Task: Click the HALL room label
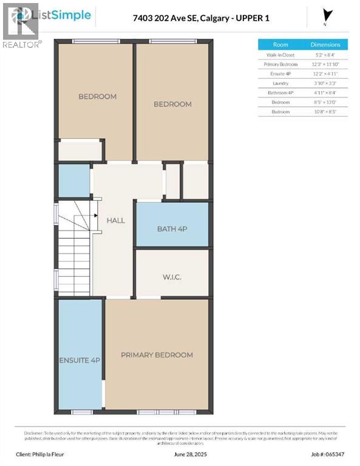tap(115, 220)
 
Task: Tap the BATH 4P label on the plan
tap(172, 229)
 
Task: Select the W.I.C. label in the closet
tap(172, 277)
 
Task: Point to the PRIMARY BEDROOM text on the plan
tap(157, 355)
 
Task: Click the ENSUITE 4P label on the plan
tap(80, 360)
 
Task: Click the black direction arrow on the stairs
tap(95, 215)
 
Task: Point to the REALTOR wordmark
tap(22, 44)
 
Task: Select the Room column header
tap(280, 45)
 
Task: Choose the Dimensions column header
tap(325, 45)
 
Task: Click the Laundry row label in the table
tap(280, 83)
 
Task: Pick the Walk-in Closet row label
tap(280, 55)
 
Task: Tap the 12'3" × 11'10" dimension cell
tap(325, 64)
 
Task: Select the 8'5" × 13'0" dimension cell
tap(325, 103)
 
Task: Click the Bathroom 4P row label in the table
tap(280, 93)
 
